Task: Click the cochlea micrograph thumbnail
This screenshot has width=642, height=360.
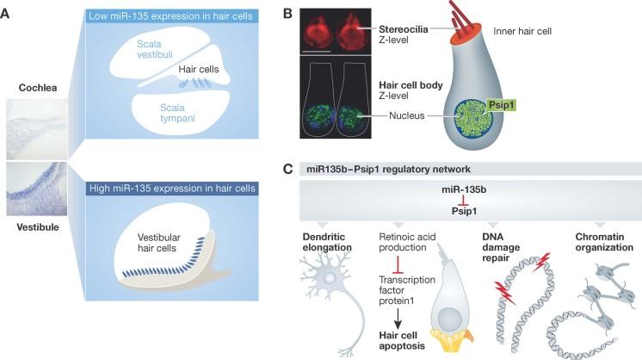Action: (34, 128)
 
